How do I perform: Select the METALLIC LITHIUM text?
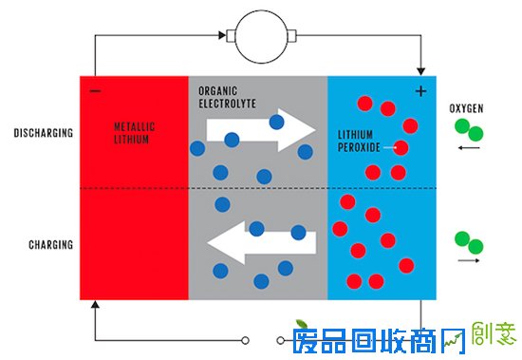(x=133, y=133)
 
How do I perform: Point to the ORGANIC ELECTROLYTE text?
(x=227, y=97)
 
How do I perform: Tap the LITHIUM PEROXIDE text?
(x=360, y=141)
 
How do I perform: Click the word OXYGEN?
(x=466, y=109)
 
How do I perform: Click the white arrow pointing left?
(x=261, y=242)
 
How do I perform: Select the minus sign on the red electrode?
(x=95, y=91)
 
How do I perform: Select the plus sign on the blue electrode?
(x=420, y=91)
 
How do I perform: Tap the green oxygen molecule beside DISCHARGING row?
(x=466, y=128)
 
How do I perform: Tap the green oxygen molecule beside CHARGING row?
(x=466, y=241)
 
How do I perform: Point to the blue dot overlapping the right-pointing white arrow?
(x=277, y=122)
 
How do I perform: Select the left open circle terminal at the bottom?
(x=246, y=339)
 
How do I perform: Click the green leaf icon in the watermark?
(x=301, y=324)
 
